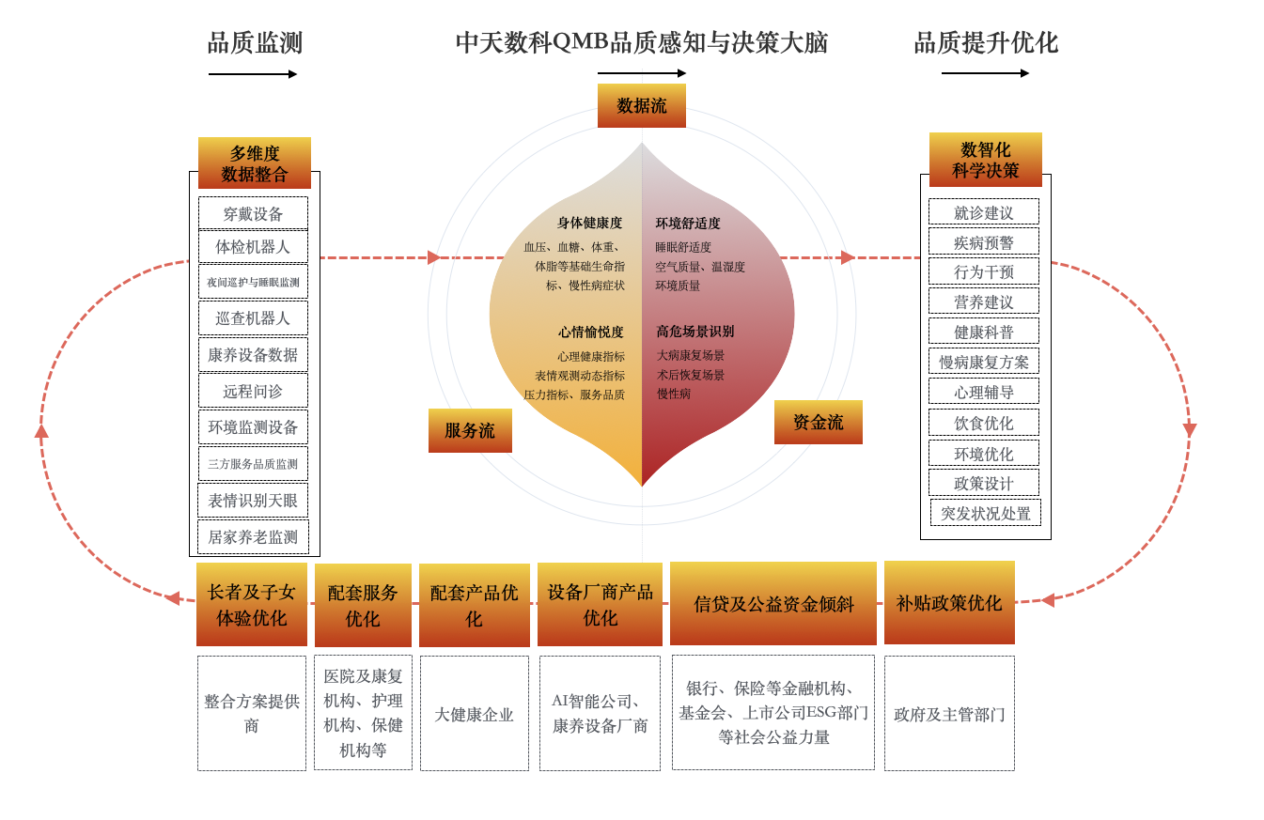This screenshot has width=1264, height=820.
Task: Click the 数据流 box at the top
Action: coord(641,105)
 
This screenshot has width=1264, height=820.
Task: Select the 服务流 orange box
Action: coord(470,430)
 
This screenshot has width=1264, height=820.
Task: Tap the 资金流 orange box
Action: coord(818,422)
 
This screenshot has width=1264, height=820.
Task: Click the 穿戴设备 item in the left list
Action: coord(253,213)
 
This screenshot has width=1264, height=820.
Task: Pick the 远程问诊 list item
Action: coord(253,391)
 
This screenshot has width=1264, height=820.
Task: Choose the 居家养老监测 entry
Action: coord(253,537)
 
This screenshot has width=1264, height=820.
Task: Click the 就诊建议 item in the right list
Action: coord(983,212)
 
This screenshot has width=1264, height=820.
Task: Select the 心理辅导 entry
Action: coord(983,392)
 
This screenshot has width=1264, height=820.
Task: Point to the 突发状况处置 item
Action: coord(985,513)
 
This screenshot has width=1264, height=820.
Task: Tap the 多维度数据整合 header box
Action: coord(254,163)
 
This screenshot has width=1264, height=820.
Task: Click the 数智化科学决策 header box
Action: coord(985,160)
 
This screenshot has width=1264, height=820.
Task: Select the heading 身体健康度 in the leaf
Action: coord(589,223)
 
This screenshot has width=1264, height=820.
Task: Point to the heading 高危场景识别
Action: coord(694,332)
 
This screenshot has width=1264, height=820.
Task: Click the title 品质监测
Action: coord(255,43)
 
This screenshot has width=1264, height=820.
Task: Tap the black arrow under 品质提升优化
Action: coord(985,73)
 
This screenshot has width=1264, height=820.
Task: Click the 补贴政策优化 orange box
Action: coord(948,603)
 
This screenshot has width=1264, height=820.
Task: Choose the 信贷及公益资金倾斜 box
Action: coord(772,604)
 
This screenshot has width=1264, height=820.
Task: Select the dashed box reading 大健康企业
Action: coord(474,714)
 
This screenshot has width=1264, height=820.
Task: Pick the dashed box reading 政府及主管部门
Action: coord(948,714)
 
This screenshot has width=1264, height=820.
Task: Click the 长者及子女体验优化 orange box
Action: coord(251,604)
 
